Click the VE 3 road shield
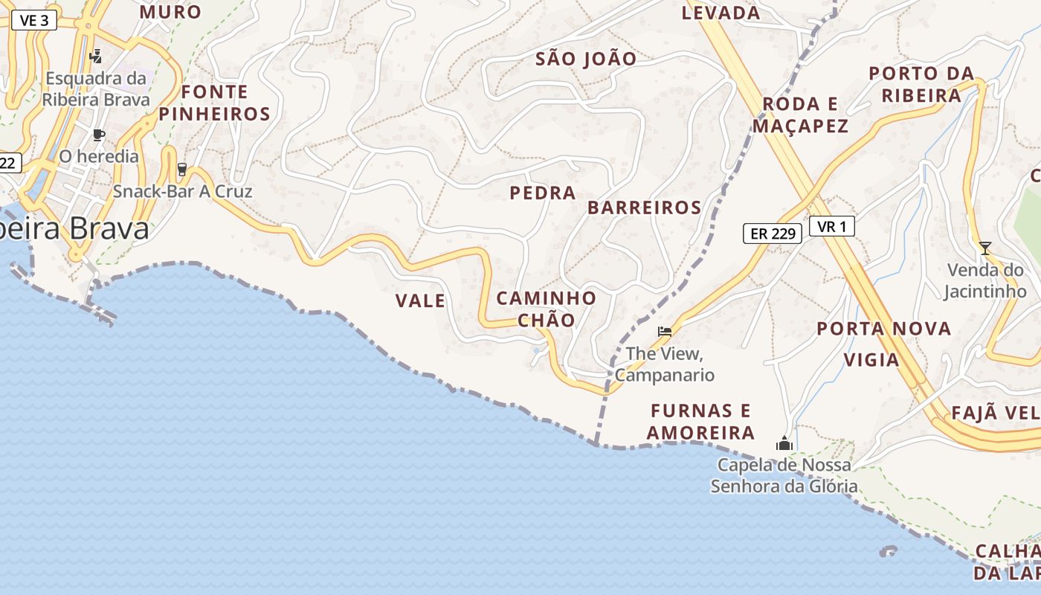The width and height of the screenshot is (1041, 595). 34,20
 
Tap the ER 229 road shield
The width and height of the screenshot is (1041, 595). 773,234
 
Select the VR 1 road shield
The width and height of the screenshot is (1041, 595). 831,227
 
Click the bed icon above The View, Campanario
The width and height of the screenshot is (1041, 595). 665,331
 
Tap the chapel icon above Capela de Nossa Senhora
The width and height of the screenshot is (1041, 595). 784,444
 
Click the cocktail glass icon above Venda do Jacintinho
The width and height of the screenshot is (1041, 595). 985,248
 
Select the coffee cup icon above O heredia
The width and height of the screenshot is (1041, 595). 98,135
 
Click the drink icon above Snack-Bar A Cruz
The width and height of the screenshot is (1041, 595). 182,170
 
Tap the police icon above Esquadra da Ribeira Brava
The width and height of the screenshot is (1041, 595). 95,56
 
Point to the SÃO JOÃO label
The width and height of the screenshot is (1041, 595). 586,59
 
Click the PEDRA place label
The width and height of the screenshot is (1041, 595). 543,193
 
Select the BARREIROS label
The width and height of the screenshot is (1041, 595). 645,208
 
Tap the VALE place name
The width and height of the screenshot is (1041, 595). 420,301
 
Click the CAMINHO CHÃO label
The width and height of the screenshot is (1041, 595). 547,309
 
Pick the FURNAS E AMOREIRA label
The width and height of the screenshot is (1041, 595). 700,422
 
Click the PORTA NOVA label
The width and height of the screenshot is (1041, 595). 884,329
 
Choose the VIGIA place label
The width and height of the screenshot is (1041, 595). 871,361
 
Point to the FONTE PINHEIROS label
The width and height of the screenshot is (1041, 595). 214,103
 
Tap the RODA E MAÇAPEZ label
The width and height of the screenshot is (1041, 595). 800,115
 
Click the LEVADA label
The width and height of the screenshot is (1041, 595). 721,13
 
